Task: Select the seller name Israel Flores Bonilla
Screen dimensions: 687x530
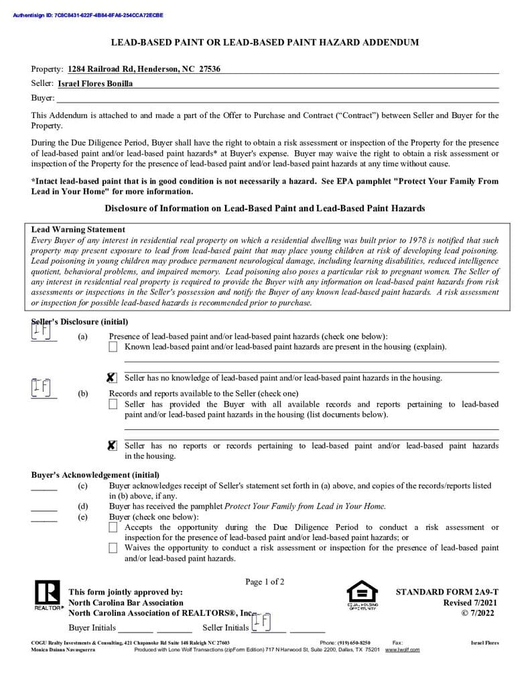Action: pyautogui.click(x=95, y=84)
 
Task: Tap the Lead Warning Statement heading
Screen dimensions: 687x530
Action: pyautogui.click(x=78, y=229)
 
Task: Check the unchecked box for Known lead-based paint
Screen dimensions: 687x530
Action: pyautogui.click(x=113, y=347)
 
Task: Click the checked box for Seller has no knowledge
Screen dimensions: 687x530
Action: pyautogui.click(x=113, y=378)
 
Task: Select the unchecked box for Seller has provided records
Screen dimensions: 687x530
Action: pyautogui.click(x=113, y=405)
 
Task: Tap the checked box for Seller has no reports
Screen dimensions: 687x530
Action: pyautogui.click(x=113, y=446)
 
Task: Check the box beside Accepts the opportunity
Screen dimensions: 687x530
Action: pyautogui.click(x=113, y=528)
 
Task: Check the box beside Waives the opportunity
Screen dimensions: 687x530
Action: pyautogui.click(x=113, y=548)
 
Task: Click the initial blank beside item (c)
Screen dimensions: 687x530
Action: pyautogui.click(x=44, y=487)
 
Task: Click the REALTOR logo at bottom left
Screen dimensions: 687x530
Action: pyautogui.click(x=47, y=594)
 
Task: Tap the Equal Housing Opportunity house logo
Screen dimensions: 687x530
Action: pyautogui.click(x=362, y=594)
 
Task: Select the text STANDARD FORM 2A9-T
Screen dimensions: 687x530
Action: pyautogui.click(x=447, y=592)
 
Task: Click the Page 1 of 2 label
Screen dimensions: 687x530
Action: pyautogui.click(x=265, y=582)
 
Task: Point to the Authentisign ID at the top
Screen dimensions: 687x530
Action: pyautogui.click(x=88, y=15)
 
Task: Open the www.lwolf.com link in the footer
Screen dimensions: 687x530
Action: pyautogui.click(x=402, y=650)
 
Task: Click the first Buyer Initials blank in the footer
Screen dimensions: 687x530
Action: pyautogui.click(x=135, y=629)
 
